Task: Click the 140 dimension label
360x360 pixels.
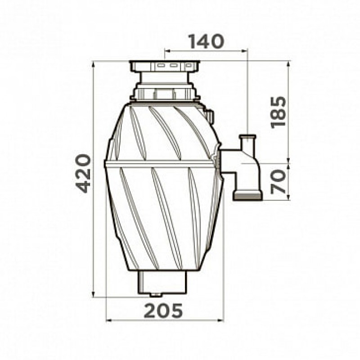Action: [206, 41]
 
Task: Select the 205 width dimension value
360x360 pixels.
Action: [163, 311]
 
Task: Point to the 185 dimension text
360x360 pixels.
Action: [279, 112]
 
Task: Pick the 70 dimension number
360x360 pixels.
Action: [279, 182]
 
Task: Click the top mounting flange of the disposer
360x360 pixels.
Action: [164, 66]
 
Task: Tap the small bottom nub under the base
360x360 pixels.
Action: [156, 295]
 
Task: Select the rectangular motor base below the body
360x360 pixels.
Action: [162, 282]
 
